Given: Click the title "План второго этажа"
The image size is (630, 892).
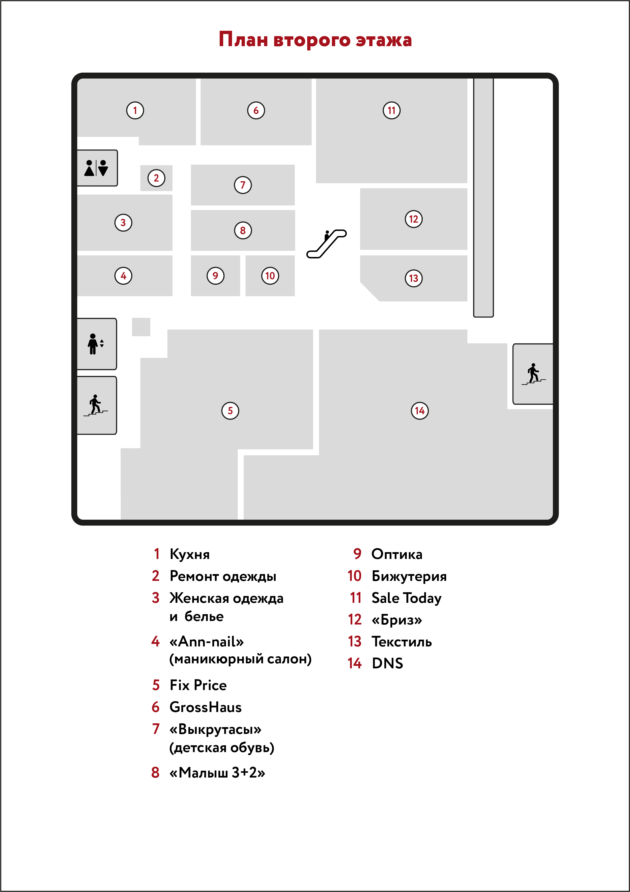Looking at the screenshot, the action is pos(315,40).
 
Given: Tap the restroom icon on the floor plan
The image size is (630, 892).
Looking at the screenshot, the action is pos(96,168).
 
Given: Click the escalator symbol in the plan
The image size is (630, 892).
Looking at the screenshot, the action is pos(326,244).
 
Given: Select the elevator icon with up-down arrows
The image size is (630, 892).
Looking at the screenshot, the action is pos(96,344).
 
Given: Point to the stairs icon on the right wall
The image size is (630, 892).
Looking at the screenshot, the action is pos(534,374).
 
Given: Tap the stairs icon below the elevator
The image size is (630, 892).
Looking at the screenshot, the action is pos(96,405).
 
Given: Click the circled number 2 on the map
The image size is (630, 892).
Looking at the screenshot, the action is pos(156,178).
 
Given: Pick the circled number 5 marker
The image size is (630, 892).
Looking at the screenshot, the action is pos(230,411).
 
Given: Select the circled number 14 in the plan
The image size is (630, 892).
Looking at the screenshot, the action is pos(420,411).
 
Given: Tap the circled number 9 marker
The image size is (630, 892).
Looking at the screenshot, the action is pos(215,276).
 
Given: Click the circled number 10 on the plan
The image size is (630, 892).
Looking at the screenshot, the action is pos(270,276).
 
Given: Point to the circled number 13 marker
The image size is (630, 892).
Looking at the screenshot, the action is pos(414,278).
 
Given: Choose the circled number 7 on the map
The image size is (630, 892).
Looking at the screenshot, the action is pos(243,185).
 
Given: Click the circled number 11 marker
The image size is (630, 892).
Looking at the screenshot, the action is pos(391,110).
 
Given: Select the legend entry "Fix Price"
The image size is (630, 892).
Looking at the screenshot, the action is pos(198,685).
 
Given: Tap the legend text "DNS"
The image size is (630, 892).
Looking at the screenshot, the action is pos(387,663).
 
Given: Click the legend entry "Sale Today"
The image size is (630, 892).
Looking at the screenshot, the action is pos(407,598).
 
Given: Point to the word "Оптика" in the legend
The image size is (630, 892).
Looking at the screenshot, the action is pos(397,554).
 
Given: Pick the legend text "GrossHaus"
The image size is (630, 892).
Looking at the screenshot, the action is pos(206,707).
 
